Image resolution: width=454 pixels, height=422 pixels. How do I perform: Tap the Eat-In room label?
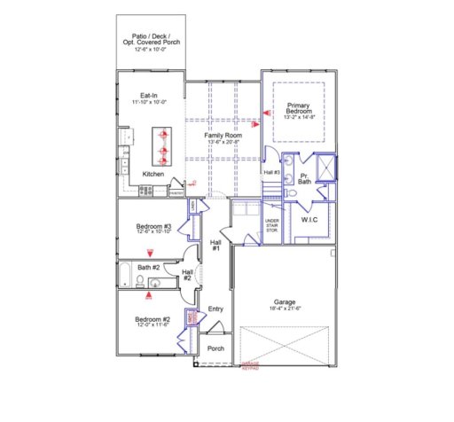[x=149, y=96]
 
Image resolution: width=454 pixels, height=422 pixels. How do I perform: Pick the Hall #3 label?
[x=272, y=172]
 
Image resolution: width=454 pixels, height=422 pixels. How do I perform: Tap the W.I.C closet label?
[x=309, y=218]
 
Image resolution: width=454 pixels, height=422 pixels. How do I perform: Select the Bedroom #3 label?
[x=153, y=226]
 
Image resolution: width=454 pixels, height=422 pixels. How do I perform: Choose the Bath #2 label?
[x=148, y=267]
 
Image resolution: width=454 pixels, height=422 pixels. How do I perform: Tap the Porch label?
[x=215, y=348]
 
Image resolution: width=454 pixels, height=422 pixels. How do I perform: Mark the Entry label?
[x=215, y=309]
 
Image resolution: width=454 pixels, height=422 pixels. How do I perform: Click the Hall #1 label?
[x=215, y=244]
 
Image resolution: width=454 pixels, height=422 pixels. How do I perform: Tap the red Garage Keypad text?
[x=249, y=366]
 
